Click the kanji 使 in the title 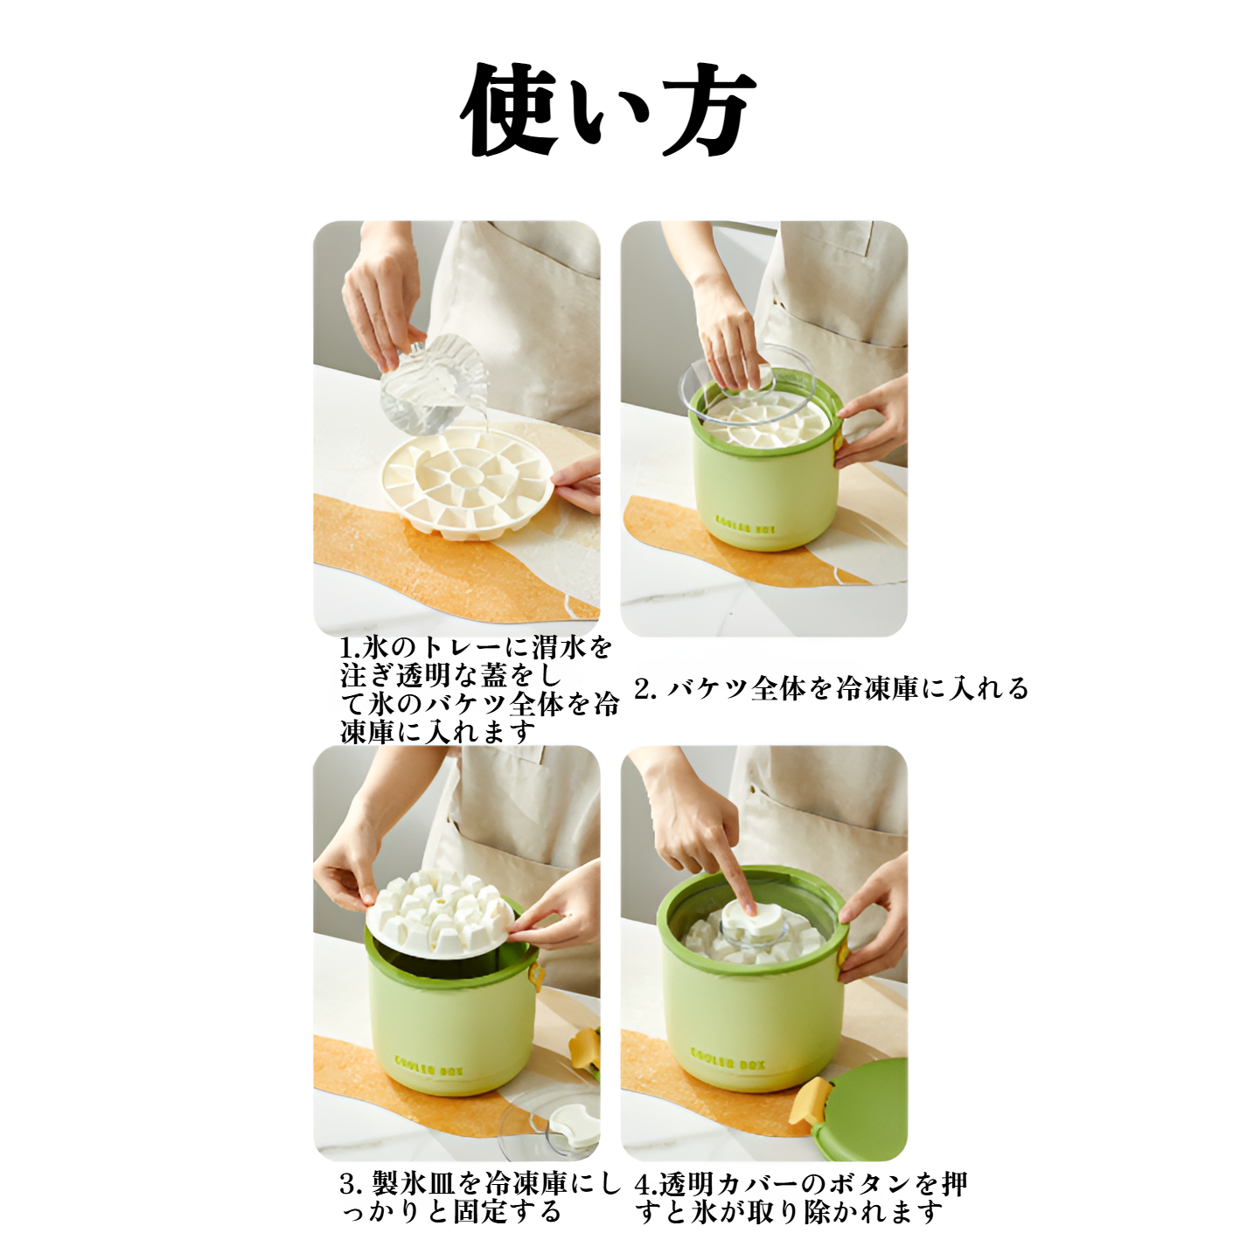(509, 109)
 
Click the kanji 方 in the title (707, 111)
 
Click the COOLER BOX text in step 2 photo (745, 524)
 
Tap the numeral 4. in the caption (645, 1185)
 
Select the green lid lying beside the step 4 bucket (861, 1111)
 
